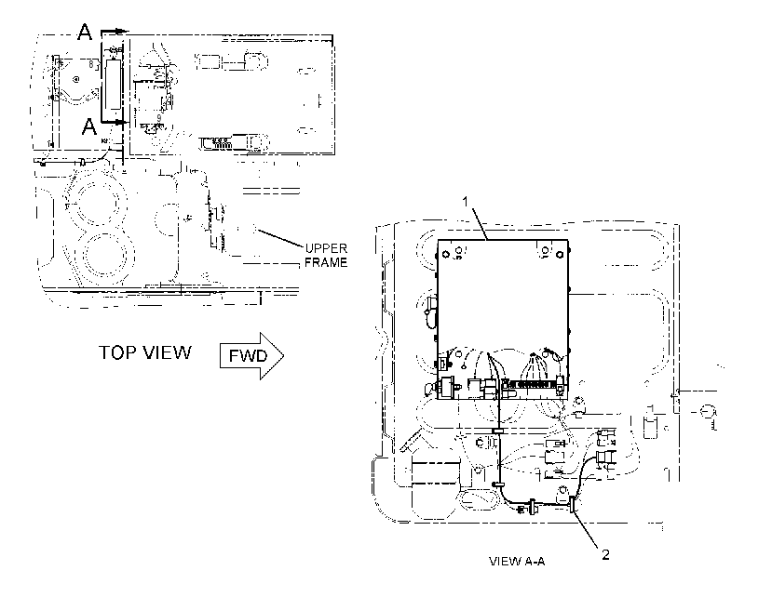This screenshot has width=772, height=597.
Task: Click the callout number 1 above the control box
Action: (465, 201)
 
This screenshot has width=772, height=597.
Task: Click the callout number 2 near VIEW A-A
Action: (605, 554)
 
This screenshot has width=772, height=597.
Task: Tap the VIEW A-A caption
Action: (517, 561)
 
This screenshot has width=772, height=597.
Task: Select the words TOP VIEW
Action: (145, 352)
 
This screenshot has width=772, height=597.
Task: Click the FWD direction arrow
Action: (251, 355)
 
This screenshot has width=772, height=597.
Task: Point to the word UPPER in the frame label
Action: (326, 248)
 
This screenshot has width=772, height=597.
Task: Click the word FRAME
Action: (326, 262)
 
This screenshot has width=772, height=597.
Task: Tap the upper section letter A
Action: (85, 33)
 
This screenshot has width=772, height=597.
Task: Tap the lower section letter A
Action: (89, 126)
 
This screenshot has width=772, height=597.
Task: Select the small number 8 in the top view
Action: (91, 64)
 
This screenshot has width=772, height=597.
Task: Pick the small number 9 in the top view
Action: (159, 118)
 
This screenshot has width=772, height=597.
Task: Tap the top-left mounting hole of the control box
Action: (446, 254)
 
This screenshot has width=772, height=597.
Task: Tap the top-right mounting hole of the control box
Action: (561, 254)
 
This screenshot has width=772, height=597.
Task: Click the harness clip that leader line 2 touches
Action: (572, 505)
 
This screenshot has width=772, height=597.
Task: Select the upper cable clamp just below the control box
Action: (498, 431)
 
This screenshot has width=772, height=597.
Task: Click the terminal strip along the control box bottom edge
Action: (532, 384)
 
